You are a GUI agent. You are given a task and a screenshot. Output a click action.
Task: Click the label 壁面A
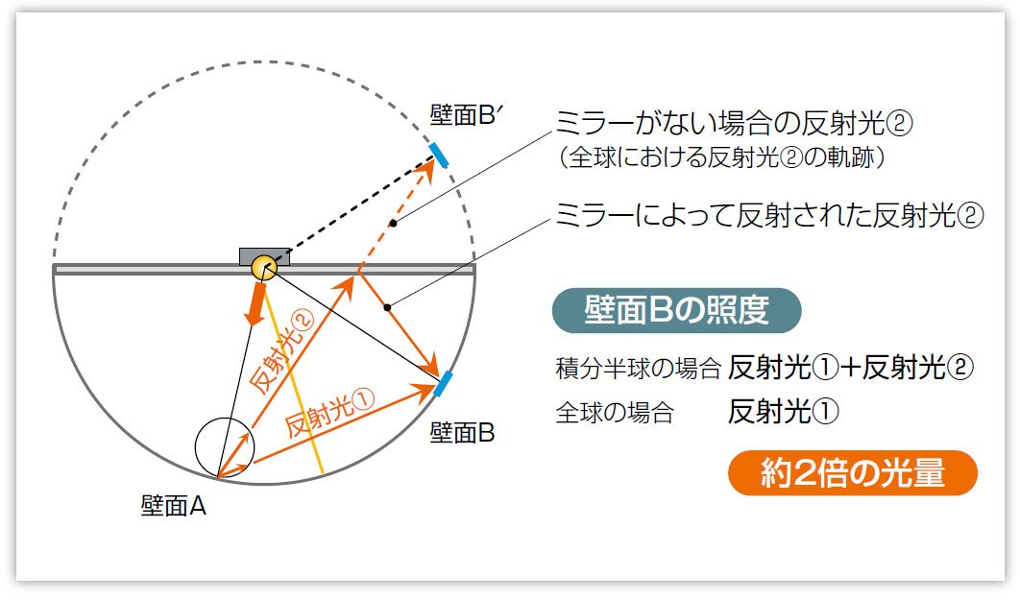[x=173, y=505]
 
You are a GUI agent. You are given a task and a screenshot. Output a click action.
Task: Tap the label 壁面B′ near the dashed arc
[x=466, y=115]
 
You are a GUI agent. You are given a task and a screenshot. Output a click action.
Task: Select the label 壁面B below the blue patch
[x=462, y=432]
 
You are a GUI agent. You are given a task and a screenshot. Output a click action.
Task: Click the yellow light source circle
[x=263, y=267]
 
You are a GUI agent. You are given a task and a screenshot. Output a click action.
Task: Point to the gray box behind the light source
[x=264, y=255]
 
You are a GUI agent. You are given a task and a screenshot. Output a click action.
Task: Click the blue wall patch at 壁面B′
[x=438, y=153]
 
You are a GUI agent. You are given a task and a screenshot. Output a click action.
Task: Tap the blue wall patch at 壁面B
[x=443, y=384]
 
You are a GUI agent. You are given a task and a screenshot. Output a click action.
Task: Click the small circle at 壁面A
[x=225, y=447]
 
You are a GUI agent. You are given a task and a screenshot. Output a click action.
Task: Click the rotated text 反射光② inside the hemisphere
[x=281, y=352]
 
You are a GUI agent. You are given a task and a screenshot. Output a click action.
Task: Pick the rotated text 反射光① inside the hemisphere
[x=329, y=413]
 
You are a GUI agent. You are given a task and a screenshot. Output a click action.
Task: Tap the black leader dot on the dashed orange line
[x=393, y=224]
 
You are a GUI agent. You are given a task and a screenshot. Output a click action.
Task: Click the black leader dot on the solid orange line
[x=387, y=307]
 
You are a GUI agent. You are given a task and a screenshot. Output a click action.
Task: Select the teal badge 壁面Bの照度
[x=676, y=310]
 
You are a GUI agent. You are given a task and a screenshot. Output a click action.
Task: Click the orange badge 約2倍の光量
[x=853, y=472]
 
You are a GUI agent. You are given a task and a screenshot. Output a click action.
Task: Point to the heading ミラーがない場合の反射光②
[x=734, y=123]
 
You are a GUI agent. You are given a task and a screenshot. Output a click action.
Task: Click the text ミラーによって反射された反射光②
[x=769, y=215]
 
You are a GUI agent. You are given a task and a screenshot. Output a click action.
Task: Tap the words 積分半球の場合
[x=638, y=368]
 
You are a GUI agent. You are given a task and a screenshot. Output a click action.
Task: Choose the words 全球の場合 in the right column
[x=615, y=412]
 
